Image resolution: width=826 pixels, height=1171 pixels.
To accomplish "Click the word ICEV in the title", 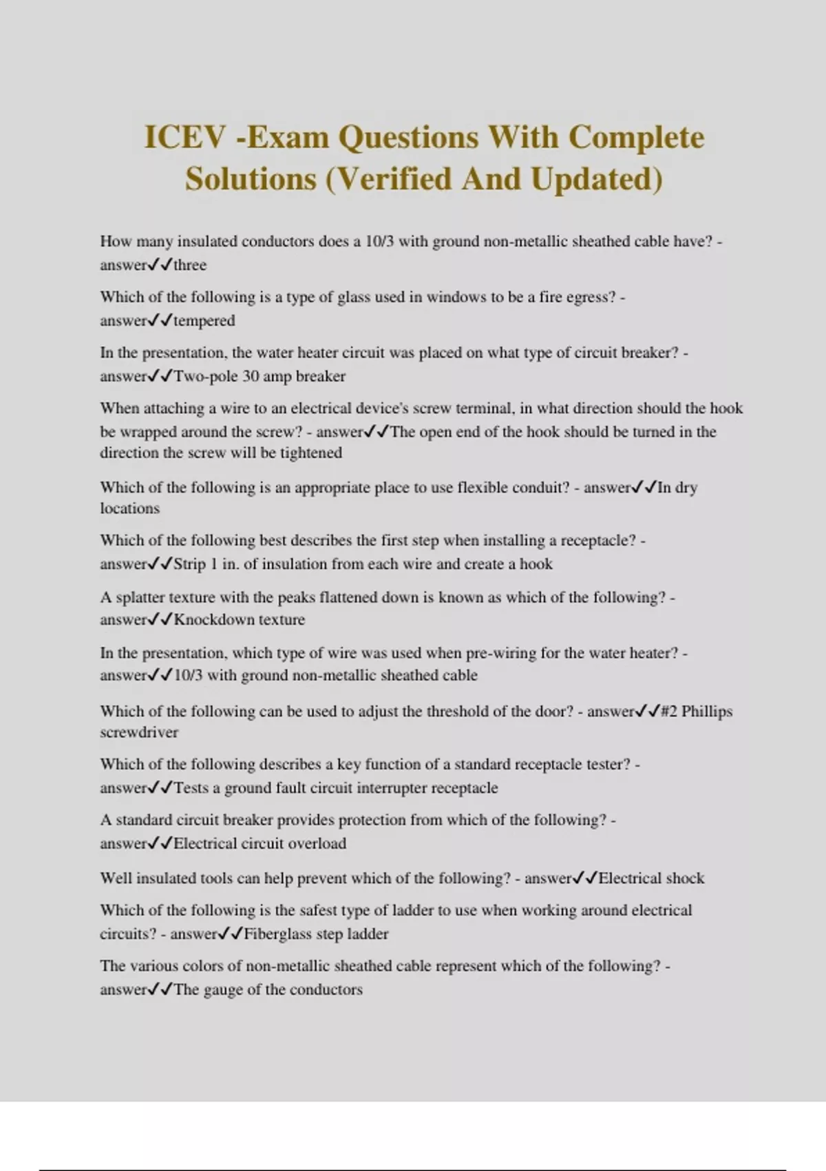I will (x=184, y=137).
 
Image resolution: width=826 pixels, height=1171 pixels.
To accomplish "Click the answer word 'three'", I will (x=190, y=265).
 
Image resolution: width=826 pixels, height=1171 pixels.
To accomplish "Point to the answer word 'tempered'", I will (x=204, y=321).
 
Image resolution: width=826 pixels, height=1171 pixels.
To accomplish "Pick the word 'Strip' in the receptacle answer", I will (x=189, y=564).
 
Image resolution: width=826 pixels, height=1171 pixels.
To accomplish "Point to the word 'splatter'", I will (x=141, y=598).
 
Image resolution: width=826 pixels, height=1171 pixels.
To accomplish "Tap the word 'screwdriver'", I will (x=139, y=732).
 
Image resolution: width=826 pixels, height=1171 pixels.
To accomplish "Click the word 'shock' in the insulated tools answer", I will (x=686, y=879).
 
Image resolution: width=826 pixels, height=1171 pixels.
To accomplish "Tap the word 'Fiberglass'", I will (x=277, y=935).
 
